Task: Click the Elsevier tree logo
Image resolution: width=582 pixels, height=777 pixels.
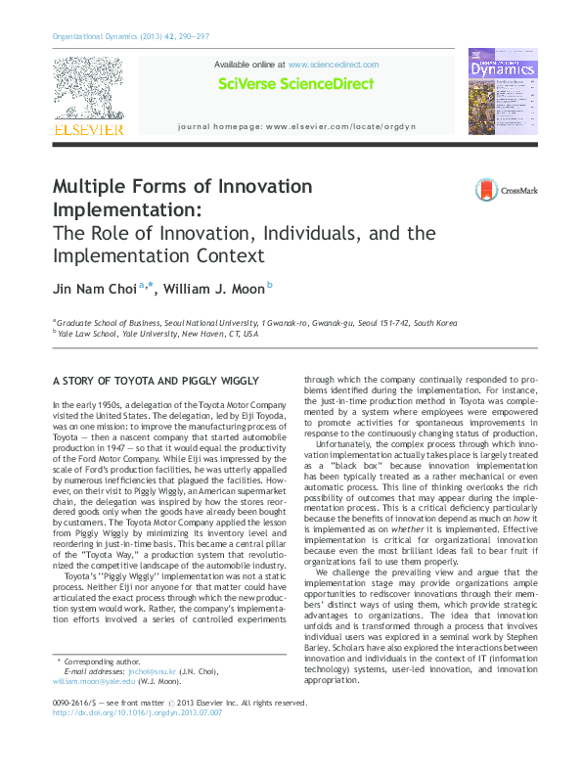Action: (87, 86)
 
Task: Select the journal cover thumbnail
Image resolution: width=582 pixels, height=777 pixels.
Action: (501, 92)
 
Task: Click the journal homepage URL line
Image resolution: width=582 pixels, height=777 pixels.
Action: (296, 127)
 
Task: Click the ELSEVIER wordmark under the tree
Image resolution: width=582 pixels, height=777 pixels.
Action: (87, 129)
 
